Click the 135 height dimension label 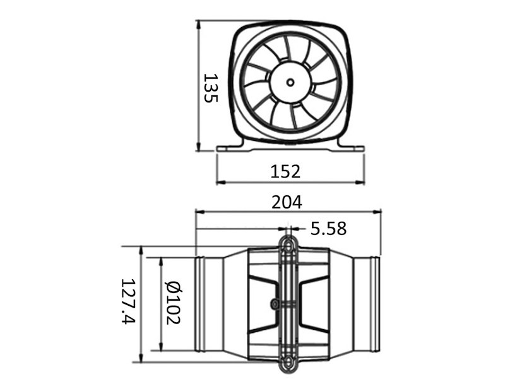click(x=210, y=88)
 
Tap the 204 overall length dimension click(x=287, y=202)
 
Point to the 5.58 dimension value click(x=328, y=229)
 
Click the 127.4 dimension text click(x=128, y=301)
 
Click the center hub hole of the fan click(x=290, y=82)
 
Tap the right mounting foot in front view click(x=351, y=148)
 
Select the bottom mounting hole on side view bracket click(x=288, y=362)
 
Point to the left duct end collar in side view click(x=200, y=304)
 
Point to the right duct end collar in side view click(x=374, y=304)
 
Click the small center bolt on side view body click(x=275, y=304)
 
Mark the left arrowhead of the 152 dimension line click(x=220, y=183)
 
